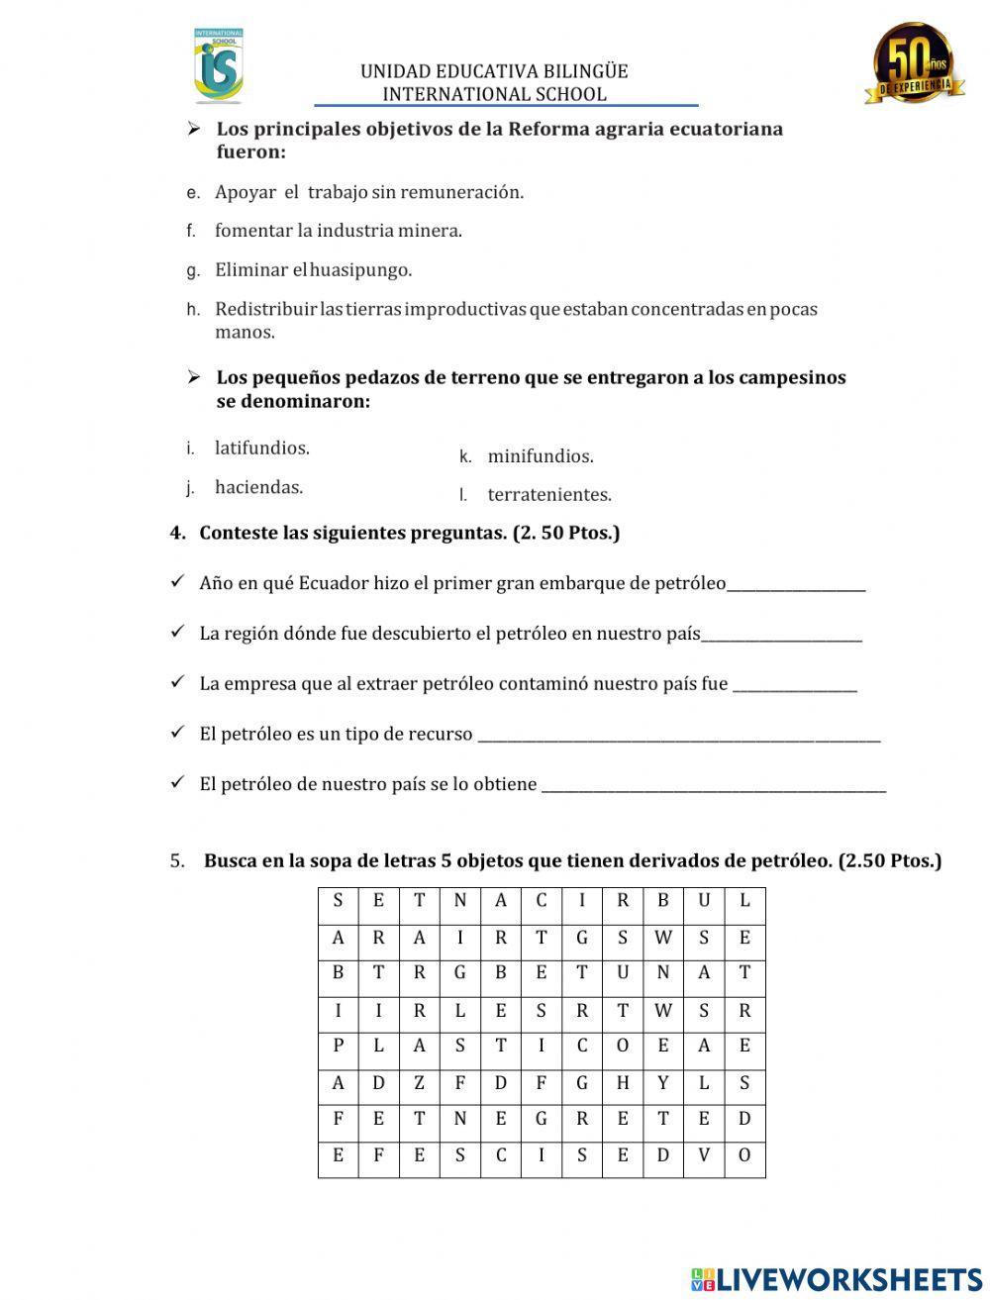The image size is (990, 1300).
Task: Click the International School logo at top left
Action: [x=218, y=66]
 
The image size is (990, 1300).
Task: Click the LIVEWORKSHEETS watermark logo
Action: [x=837, y=1278]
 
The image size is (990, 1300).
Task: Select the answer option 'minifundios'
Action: [x=540, y=456]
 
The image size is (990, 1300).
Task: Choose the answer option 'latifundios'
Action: [x=261, y=448]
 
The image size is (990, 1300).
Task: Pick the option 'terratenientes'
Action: [x=548, y=494]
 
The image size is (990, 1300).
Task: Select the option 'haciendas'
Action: [x=258, y=487]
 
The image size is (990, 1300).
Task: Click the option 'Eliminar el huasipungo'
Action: [x=313, y=269]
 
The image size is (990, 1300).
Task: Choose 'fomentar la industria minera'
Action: [x=338, y=231]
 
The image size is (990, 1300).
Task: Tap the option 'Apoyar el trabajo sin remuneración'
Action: [x=368, y=192]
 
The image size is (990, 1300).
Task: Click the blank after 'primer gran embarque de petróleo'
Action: [x=796, y=584]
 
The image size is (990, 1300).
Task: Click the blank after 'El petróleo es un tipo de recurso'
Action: [x=678, y=736]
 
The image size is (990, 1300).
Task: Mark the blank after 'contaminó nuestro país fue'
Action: [x=794, y=685]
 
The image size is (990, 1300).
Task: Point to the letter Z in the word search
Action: [x=419, y=1083]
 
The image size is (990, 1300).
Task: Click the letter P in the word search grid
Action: [x=339, y=1047]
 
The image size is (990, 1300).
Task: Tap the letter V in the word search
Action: [x=704, y=1155]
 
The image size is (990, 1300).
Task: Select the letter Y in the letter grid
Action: [x=663, y=1083]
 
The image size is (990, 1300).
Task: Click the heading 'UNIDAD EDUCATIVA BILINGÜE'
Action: [x=494, y=71]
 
